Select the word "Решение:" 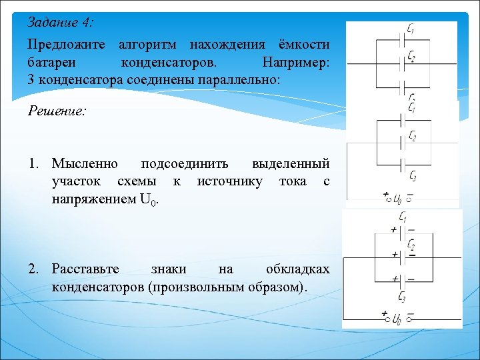(x=57, y=111)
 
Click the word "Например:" (x=296, y=63)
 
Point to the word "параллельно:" (x=247, y=79)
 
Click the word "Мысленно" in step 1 (x=85, y=164)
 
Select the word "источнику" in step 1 (x=229, y=181)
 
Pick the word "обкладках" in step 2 (x=297, y=269)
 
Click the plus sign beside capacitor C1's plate (x=394, y=230)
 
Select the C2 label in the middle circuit (x=413, y=137)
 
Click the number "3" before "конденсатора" (x=31, y=79)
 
